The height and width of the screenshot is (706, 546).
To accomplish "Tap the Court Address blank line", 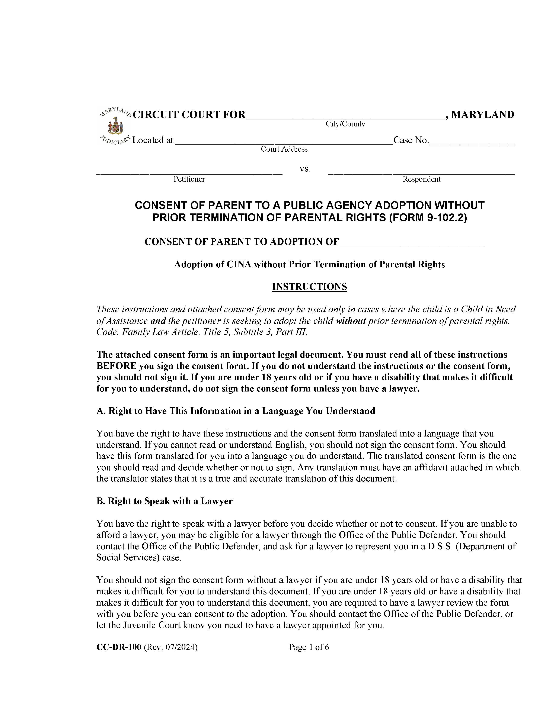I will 284,141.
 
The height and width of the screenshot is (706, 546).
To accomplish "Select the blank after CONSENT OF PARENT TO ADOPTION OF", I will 412,242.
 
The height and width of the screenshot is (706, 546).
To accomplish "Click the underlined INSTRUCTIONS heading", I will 310,287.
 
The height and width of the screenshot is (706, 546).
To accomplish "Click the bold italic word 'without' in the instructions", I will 351,321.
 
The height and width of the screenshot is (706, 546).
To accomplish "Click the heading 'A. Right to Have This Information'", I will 236,411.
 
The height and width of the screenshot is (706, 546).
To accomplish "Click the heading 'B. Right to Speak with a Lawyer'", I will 164,501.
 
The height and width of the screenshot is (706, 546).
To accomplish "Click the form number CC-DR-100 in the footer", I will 119,647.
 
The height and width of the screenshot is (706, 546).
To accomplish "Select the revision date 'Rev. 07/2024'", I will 170,647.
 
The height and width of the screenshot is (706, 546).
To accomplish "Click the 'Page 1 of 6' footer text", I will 309,647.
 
